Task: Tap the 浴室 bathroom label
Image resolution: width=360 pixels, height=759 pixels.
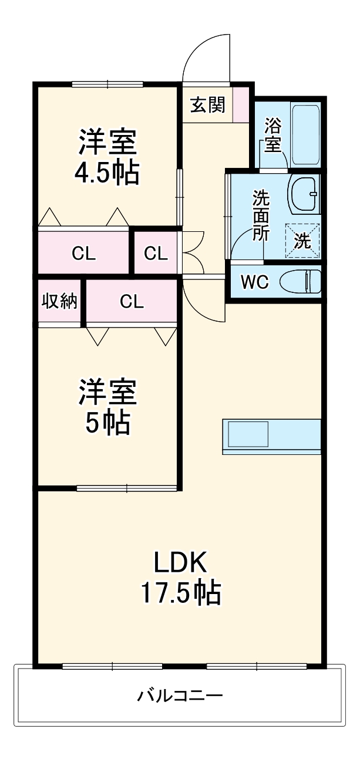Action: tap(272, 134)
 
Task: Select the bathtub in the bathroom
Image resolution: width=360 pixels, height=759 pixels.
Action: tap(305, 134)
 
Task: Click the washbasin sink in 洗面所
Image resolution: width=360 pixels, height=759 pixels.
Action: tap(304, 194)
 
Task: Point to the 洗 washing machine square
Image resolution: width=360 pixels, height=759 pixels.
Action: tap(302, 241)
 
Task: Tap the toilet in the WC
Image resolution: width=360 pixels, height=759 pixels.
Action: tap(300, 282)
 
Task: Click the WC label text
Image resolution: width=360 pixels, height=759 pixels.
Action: tap(255, 282)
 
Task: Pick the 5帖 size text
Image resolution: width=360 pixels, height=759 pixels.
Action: tap(107, 423)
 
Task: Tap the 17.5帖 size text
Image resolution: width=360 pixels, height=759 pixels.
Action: tap(180, 592)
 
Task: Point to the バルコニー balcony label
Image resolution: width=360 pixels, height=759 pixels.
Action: tap(180, 696)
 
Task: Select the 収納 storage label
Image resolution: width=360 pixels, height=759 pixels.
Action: tap(59, 301)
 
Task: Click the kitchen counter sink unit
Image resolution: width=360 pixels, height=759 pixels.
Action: tap(271, 436)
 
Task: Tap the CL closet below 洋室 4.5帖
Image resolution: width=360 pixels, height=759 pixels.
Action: tap(83, 253)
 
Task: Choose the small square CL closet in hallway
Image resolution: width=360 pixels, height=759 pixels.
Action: tap(156, 253)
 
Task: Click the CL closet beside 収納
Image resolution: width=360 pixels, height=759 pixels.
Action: tap(132, 301)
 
